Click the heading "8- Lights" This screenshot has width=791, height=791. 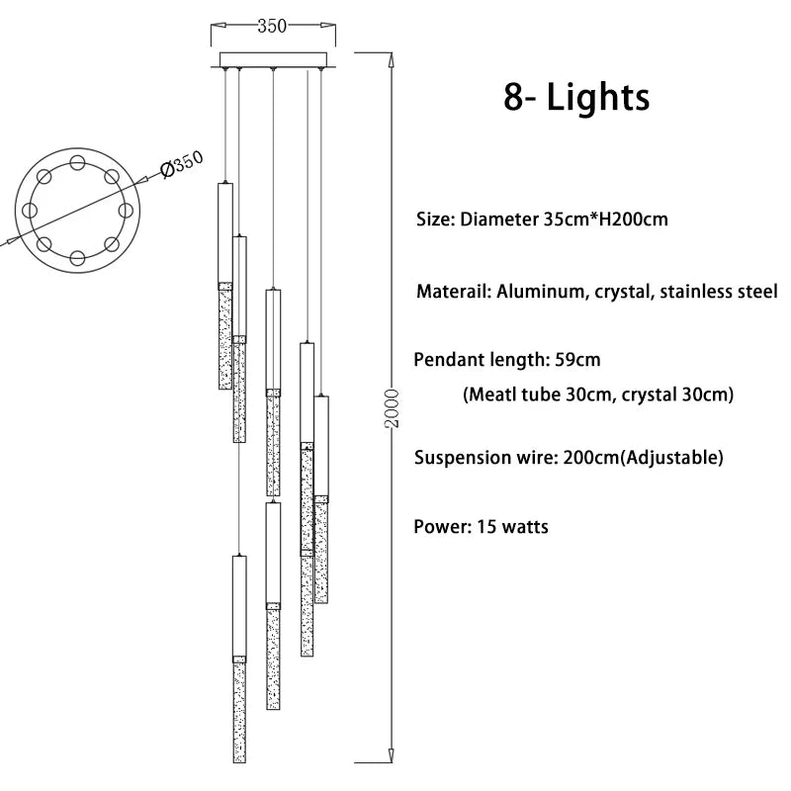coord(576,98)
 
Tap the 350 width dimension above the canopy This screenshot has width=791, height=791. coord(272,27)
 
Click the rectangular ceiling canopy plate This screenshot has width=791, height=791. coord(272,59)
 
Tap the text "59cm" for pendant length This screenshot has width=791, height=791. coord(576,359)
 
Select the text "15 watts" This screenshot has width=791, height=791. coord(512,526)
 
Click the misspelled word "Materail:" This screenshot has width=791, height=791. coord(452,292)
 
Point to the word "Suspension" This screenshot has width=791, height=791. coord(461,458)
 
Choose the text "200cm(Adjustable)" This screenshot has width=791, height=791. coord(643,458)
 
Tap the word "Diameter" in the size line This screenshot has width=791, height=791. coord(499,219)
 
